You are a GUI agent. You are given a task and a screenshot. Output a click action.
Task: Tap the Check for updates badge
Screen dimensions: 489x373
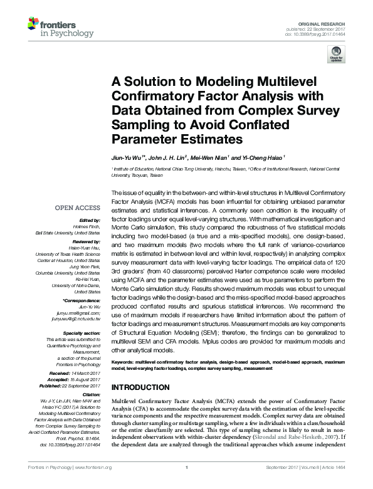point(336,56)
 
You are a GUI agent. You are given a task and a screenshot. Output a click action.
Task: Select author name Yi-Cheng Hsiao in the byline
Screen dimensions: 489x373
point(261,157)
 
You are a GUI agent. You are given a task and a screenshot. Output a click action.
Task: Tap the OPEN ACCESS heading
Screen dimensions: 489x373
point(78,207)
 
